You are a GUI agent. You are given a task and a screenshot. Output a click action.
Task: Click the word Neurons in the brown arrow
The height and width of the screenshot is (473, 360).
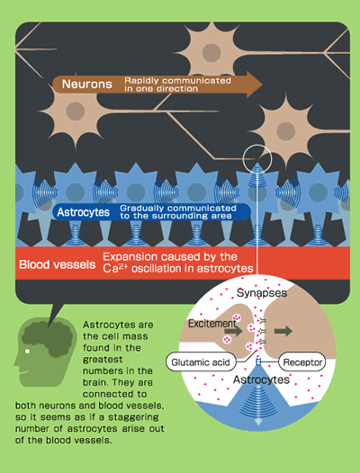[x=87, y=84]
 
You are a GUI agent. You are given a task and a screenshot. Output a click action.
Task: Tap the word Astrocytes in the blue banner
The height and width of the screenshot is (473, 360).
[x=83, y=212]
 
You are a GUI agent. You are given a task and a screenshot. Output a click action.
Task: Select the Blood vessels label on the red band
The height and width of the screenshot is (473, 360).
[x=57, y=264]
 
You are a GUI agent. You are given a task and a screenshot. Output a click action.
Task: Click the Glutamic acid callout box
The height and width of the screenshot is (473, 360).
[x=201, y=362]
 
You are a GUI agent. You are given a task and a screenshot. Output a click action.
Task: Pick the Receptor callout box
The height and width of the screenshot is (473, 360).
[x=302, y=361]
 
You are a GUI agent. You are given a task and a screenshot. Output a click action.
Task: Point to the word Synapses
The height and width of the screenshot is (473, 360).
[x=262, y=293]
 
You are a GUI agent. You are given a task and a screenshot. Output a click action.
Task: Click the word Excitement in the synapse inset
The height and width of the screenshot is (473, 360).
[x=212, y=324]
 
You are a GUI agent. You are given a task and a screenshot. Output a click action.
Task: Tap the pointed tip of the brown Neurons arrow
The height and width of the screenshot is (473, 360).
[x=262, y=85]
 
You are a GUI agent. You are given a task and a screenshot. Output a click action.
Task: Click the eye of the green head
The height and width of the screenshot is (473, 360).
[x=28, y=351]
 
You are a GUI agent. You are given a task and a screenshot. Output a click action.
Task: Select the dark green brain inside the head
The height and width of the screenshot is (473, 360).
[x=48, y=339]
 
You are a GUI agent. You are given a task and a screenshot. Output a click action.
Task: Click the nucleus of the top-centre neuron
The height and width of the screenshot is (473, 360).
[x=211, y=53]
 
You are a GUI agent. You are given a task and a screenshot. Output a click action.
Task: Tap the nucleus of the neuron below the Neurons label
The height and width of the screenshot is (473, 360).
[x=76, y=112]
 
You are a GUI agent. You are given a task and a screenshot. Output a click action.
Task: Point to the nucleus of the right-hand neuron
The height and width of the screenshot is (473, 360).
[x=285, y=131]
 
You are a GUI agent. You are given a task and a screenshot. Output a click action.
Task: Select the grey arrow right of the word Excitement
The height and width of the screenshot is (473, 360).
[x=234, y=331]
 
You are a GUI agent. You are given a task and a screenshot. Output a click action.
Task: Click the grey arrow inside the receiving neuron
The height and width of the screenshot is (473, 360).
[x=283, y=331]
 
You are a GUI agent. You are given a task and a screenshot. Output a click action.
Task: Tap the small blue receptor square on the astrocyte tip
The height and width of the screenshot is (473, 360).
[x=258, y=362]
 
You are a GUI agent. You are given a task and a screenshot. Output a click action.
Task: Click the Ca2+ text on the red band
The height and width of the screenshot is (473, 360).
[x=115, y=268]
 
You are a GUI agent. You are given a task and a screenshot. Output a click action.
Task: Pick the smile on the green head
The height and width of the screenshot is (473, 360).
[x=23, y=372]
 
